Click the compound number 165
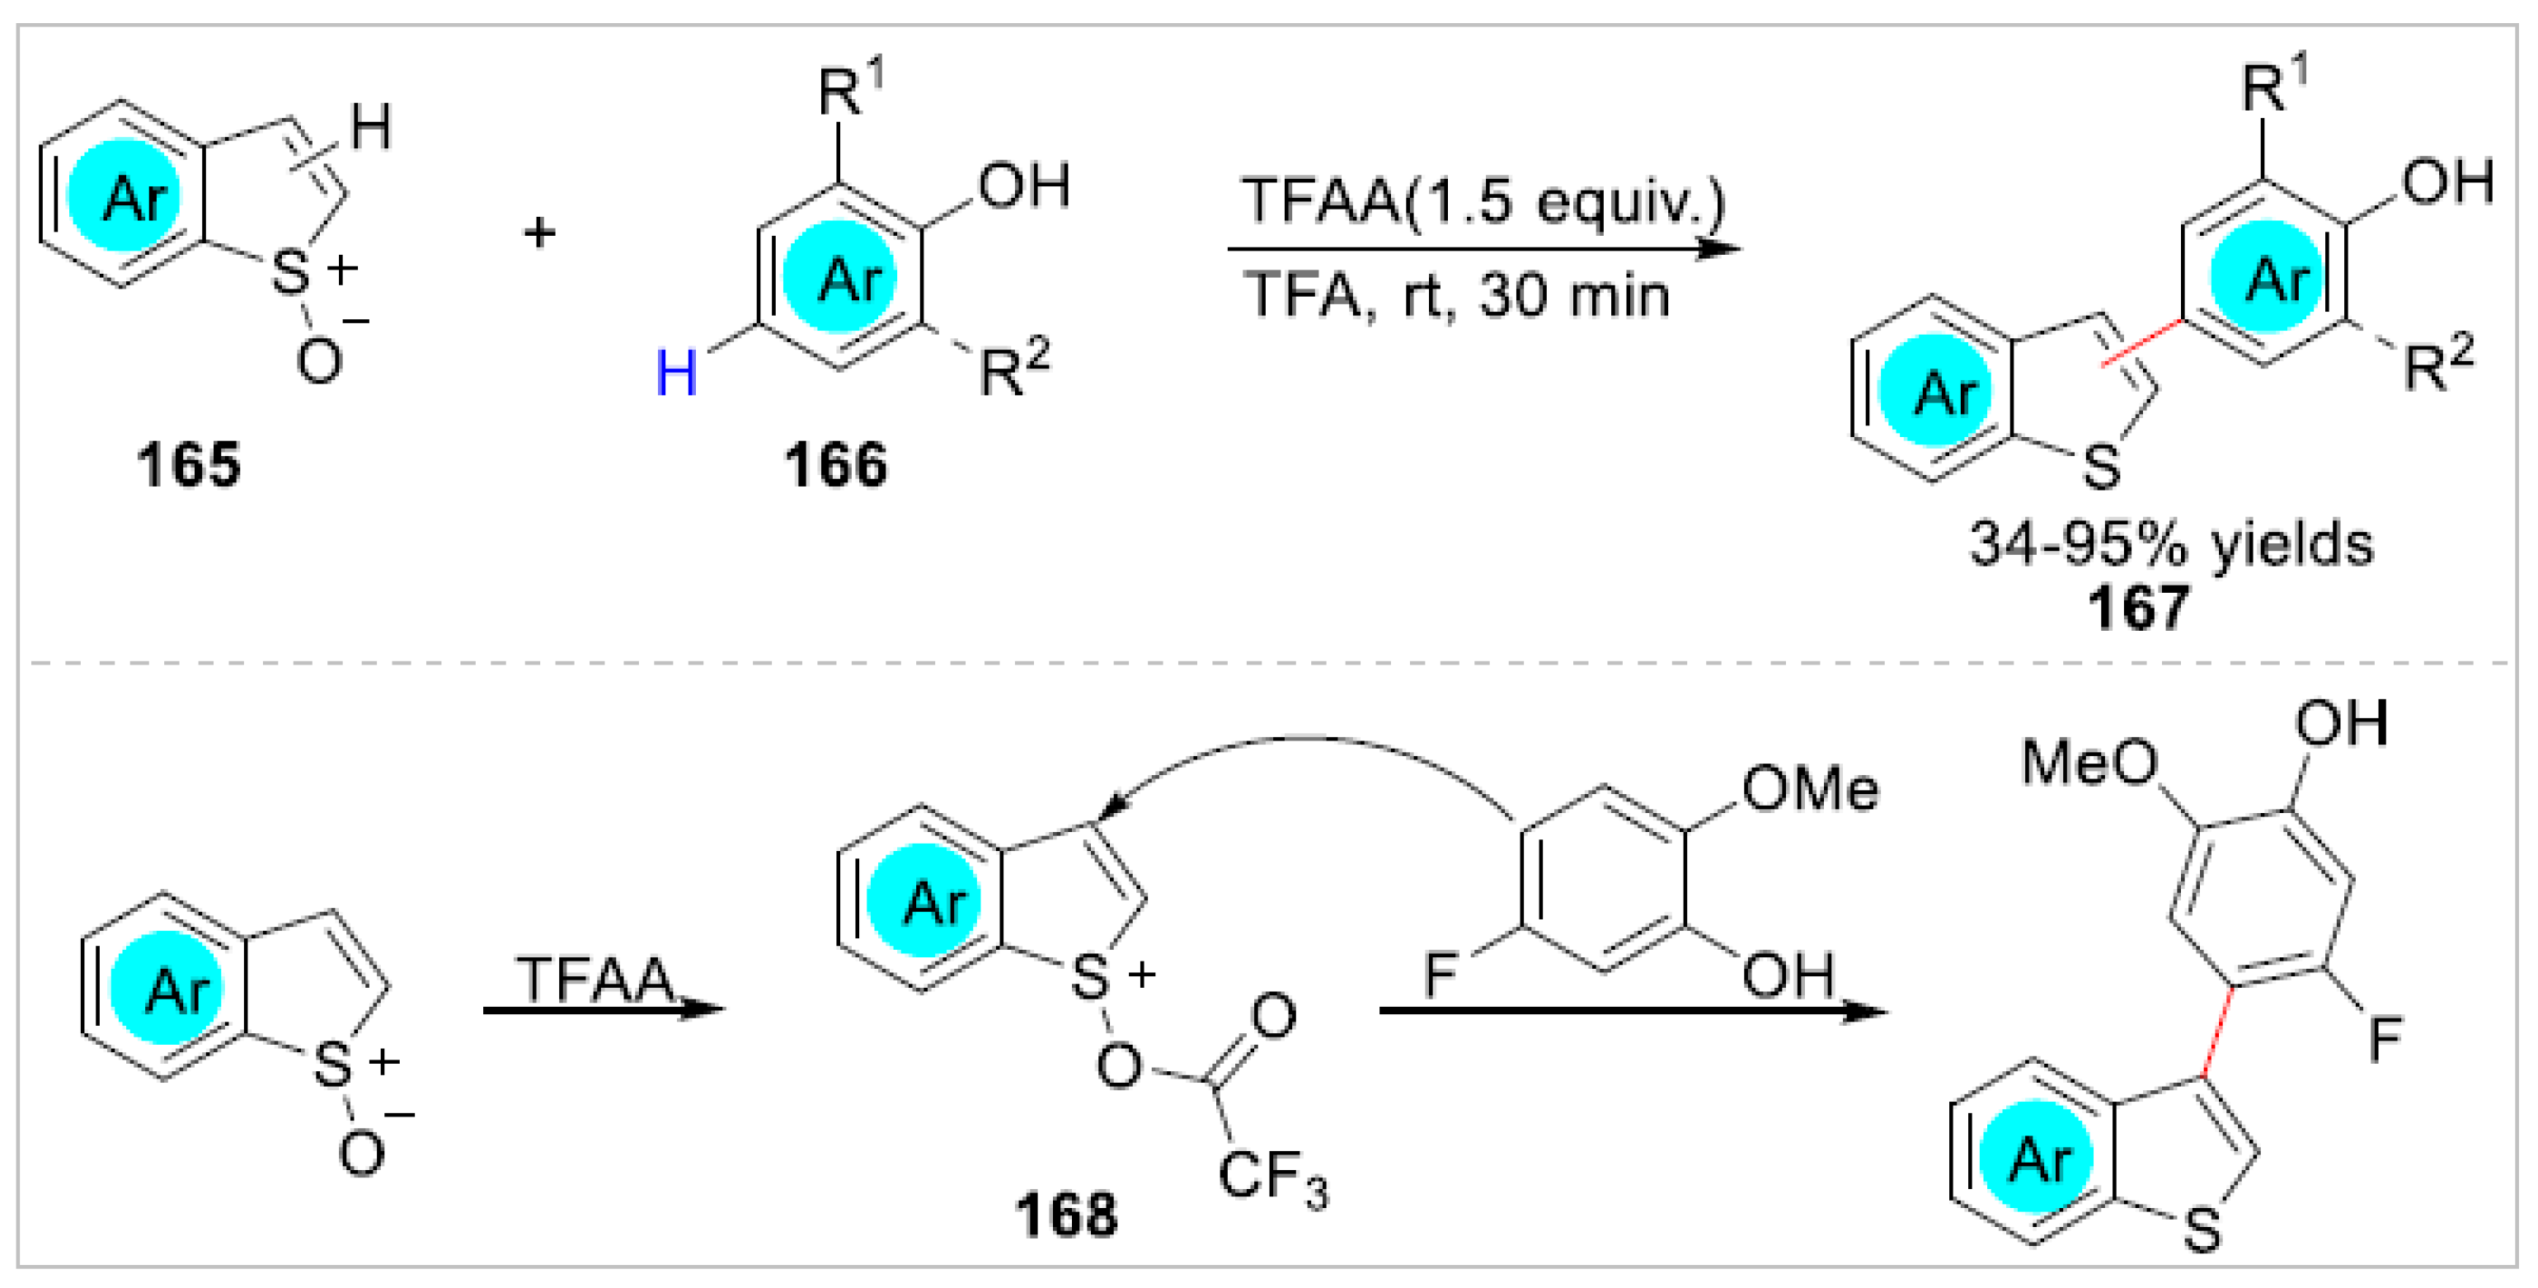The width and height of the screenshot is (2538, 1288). pos(188,464)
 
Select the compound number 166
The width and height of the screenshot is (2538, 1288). pos(835,464)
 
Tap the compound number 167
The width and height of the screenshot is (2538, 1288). pos(2138,606)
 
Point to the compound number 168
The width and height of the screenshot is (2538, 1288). pos(1067,1213)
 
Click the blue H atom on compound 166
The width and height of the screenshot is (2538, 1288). pos(677,374)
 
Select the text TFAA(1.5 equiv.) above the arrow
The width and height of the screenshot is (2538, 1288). pos(1482,200)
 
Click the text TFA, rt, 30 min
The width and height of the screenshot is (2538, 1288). pos(1456,294)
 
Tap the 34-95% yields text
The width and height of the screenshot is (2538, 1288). pos(2170,543)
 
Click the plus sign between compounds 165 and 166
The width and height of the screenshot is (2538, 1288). pos(539,233)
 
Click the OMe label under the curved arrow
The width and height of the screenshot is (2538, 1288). pos(1809,790)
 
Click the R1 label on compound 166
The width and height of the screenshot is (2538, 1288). pos(850,90)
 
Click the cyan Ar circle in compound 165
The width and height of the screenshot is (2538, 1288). pos(123,197)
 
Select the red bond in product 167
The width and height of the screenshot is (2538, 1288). pos(2140,342)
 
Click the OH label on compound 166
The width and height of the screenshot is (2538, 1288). pos(1023,186)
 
